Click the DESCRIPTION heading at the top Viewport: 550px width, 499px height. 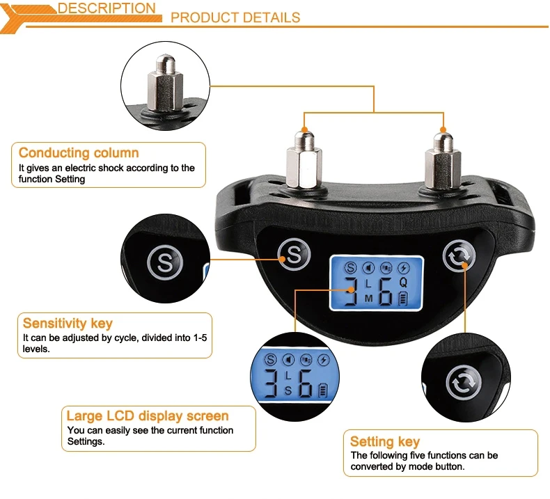[107, 9]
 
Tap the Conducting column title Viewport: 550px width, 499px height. [79, 153]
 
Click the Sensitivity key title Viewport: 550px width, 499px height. [68, 324]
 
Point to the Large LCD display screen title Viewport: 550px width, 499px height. [148, 417]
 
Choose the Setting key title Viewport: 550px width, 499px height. [385, 442]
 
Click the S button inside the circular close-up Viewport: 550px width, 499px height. [164, 262]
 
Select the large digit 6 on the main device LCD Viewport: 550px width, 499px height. [387, 292]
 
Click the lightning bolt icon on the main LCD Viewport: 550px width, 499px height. [404, 267]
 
